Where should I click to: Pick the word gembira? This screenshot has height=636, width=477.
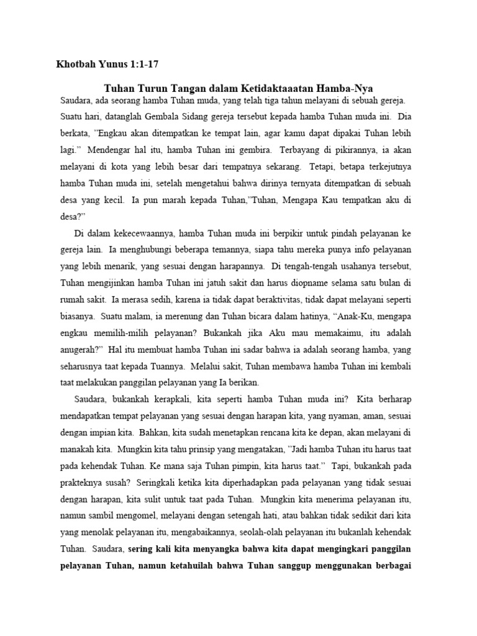click(242, 150)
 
